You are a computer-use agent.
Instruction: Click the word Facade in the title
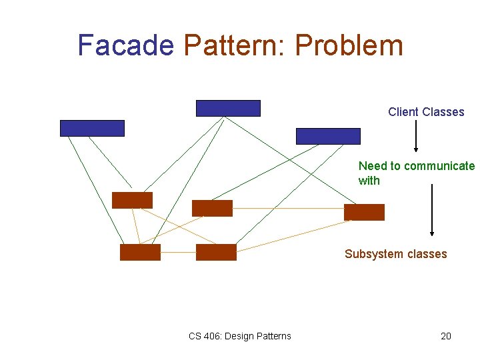125,45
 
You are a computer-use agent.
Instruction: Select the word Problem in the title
349,45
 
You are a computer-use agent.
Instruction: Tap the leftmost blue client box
92,128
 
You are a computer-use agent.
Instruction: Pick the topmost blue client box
228,108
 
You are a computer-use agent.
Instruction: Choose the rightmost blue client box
328,136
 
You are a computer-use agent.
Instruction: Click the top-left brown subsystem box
132,200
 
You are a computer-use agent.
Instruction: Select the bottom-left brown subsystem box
140,252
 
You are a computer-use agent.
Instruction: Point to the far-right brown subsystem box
364,212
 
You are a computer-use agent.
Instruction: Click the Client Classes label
426,112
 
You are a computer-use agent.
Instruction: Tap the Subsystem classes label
395,254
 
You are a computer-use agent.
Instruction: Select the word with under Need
369,181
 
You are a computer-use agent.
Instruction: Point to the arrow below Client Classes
416,136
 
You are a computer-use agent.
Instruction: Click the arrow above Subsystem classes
432,209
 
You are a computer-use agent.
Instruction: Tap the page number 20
446,336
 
